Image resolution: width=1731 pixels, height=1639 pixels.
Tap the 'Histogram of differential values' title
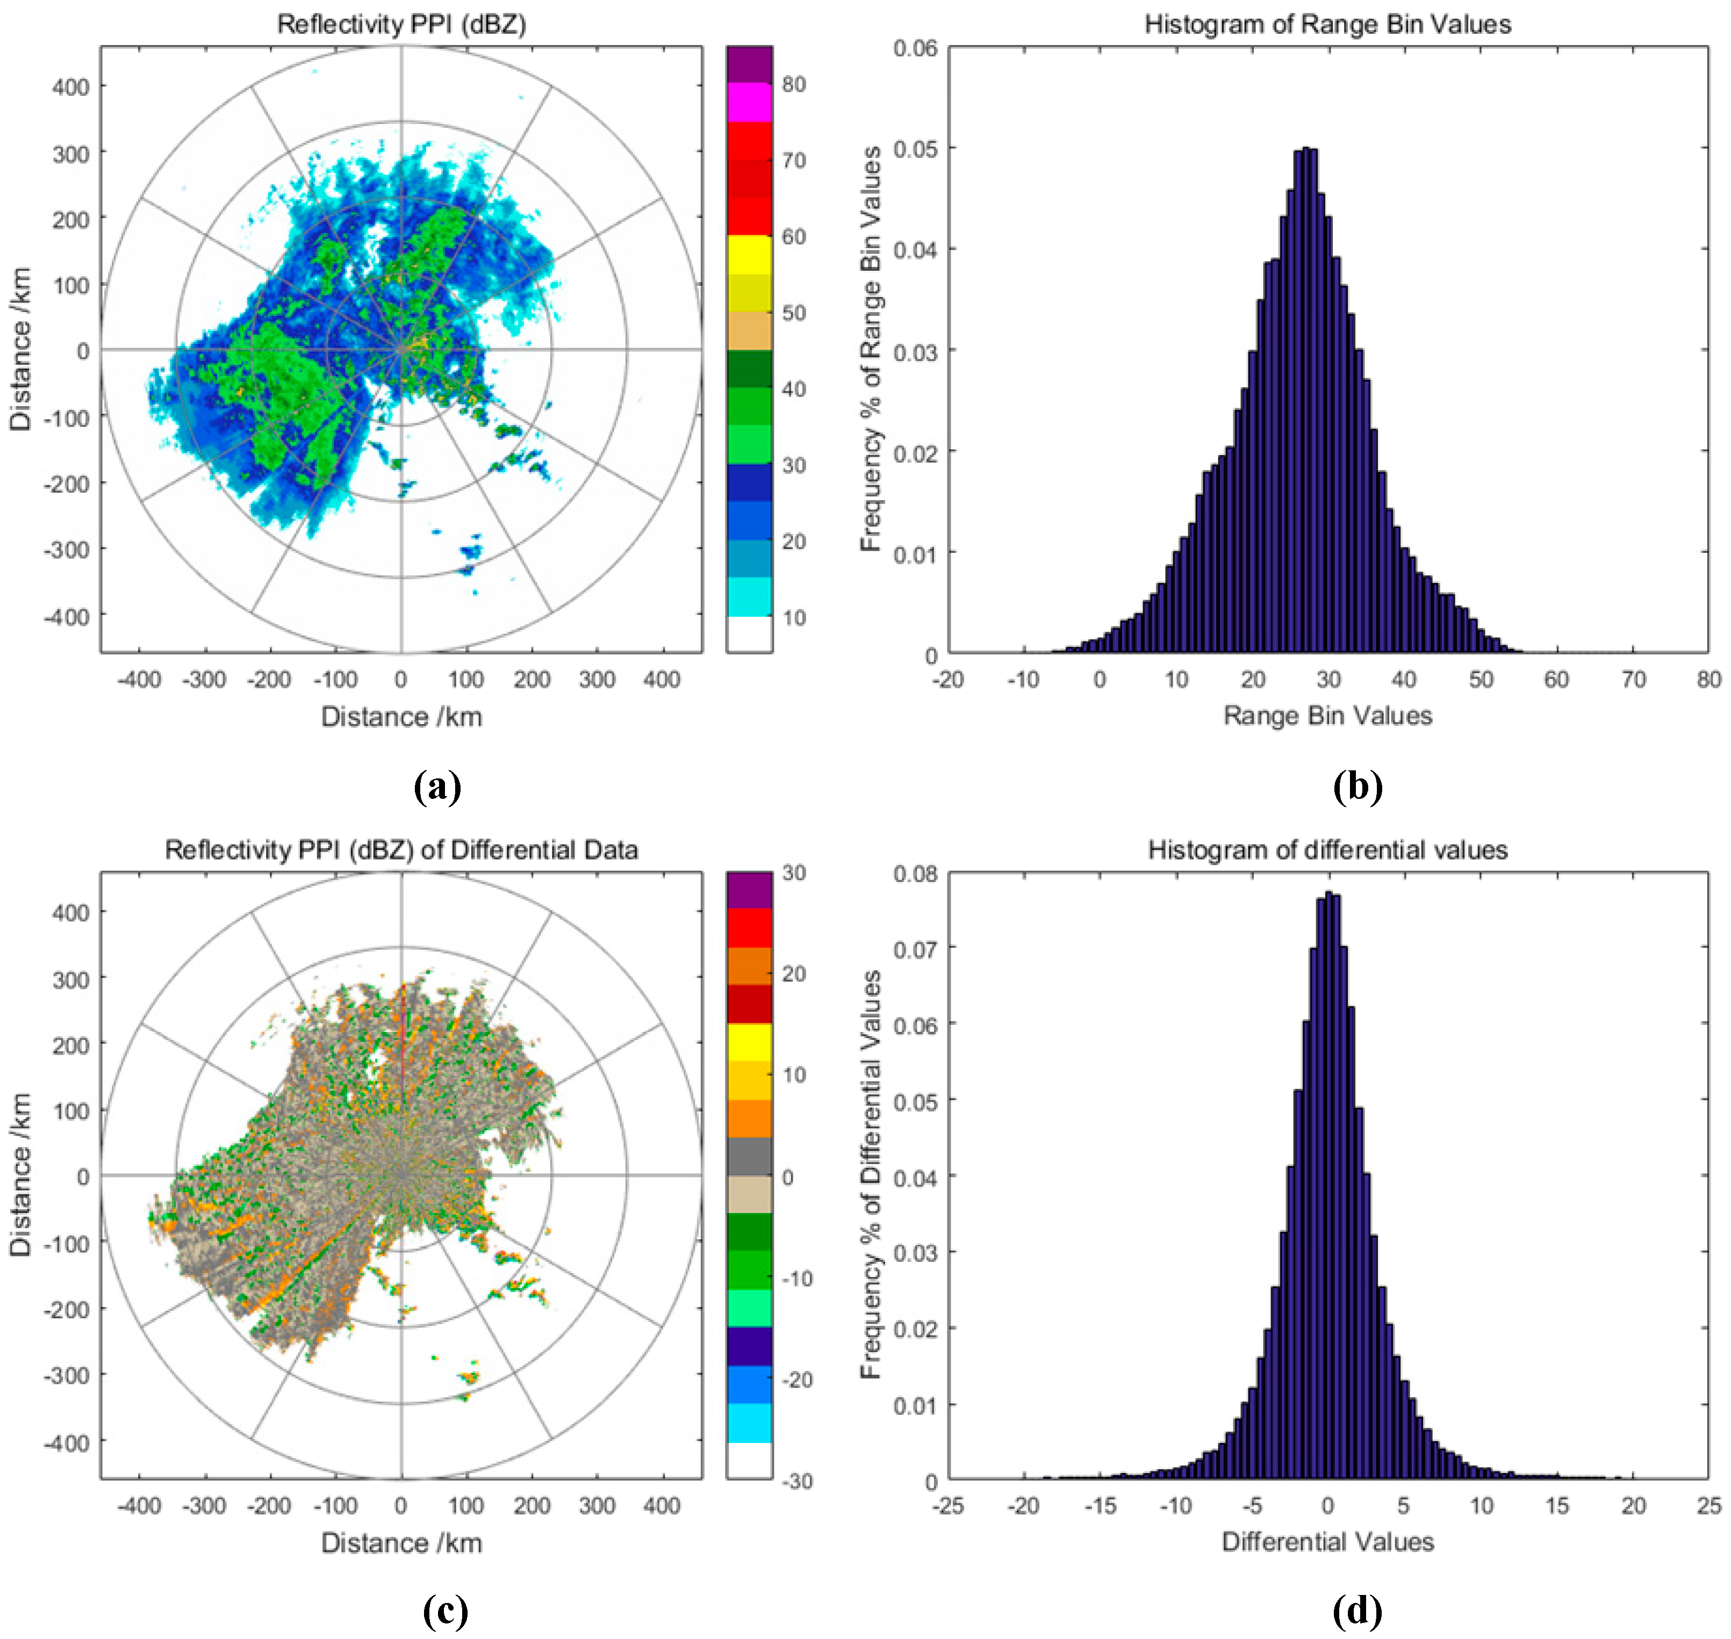[x=1327, y=849]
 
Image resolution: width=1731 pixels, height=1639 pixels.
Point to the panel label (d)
[x=1357, y=1609]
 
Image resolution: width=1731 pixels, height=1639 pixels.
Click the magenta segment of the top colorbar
[x=749, y=102]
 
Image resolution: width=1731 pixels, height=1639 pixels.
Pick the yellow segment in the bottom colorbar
[x=749, y=1042]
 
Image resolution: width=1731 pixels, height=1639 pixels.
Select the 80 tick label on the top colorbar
[x=793, y=85]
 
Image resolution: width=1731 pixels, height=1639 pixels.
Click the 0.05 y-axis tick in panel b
[x=915, y=148]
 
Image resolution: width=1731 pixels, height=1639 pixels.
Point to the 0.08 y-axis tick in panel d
[x=915, y=873]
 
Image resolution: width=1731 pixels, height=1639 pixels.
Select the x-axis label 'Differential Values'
[x=1327, y=1542]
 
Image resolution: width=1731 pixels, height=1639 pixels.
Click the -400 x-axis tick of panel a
[x=139, y=679]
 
